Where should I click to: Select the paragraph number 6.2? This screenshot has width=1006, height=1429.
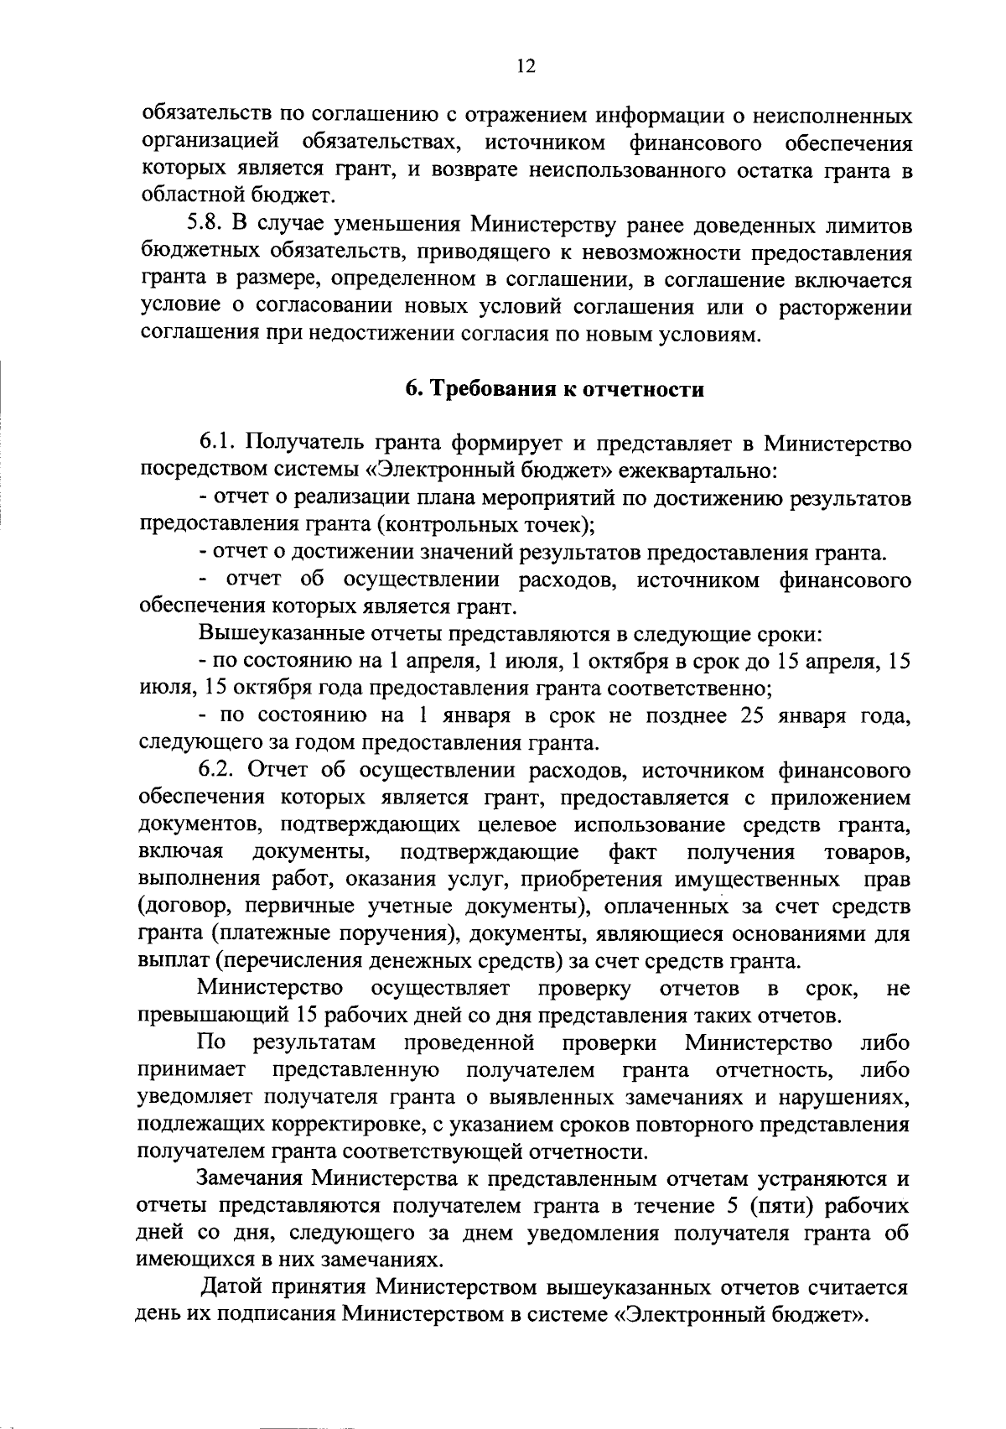(220, 770)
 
